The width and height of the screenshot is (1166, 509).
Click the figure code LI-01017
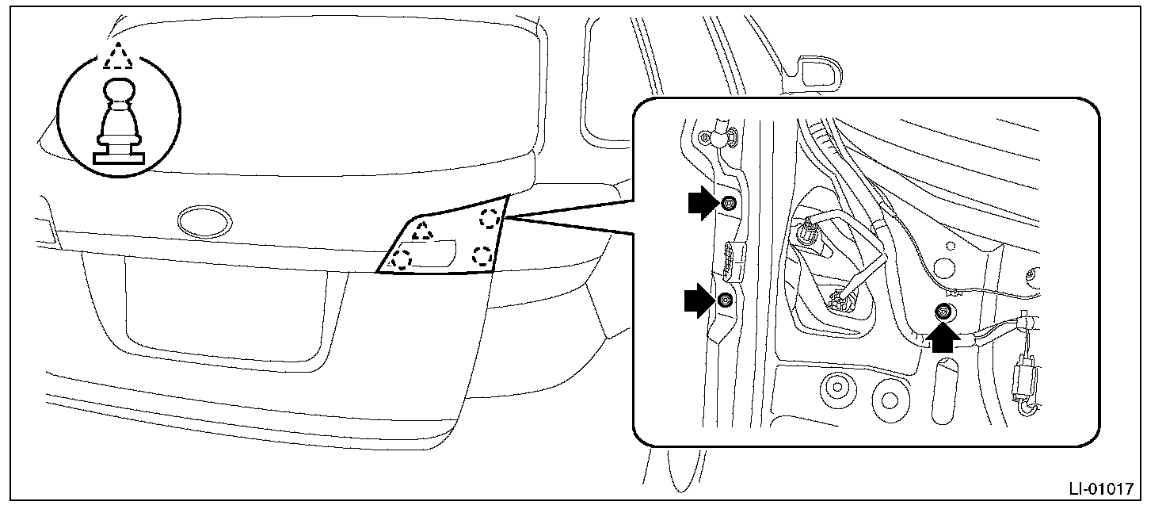pyautogui.click(x=1101, y=488)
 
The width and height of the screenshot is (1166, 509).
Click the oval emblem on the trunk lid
pyautogui.click(x=204, y=221)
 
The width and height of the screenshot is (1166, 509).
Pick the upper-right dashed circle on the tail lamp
pyautogui.click(x=490, y=218)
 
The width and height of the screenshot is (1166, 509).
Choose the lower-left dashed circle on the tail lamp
pyautogui.click(x=402, y=258)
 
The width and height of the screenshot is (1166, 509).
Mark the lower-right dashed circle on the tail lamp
pyautogui.click(x=482, y=255)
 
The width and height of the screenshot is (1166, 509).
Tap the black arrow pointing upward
pyautogui.click(x=943, y=338)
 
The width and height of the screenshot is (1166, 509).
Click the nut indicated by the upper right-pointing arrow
pyautogui.click(x=728, y=203)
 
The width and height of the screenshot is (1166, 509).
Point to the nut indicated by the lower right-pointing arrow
pyautogui.click(x=725, y=300)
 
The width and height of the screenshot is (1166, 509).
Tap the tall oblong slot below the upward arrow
pyautogui.click(x=944, y=392)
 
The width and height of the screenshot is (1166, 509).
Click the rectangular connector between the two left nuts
pyautogui.click(x=733, y=261)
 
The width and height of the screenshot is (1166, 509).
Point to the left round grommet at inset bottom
pyautogui.click(x=837, y=388)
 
